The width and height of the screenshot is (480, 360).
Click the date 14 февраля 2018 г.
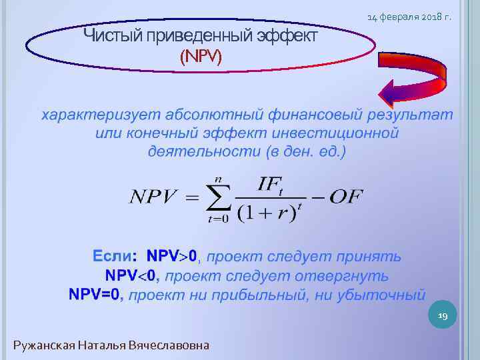pyautogui.click(x=409, y=15)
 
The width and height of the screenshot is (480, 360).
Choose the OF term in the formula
pyautogui.click(x=347, y=197)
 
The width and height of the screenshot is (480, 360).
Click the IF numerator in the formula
pyautogui.click(x=269, y=183)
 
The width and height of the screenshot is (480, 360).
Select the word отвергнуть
pyautogui.click(x=350, y=275)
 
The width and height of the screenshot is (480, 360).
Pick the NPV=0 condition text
pyautogui.click(x=96, y=294)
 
